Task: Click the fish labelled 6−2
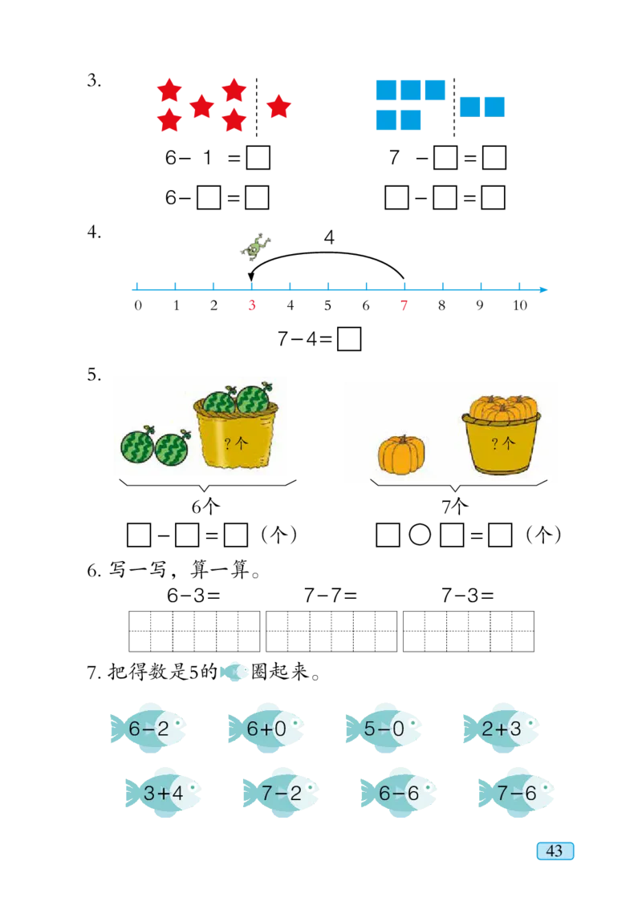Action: tap(151, 728)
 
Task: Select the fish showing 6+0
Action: tap(267, 728)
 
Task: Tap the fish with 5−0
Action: tap(384, 728)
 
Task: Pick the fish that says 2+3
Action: tap(503, 728)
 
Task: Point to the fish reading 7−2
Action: tap(281, 792)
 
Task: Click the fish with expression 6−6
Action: tap(400, 792)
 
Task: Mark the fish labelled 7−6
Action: tap(517, 792)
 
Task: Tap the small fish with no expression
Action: tap(234, 672)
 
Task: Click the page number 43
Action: tap(555, 851)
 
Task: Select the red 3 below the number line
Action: tap(251, 306)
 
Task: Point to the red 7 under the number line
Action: tap(404, 306)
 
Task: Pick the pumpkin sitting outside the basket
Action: tap(401, 455)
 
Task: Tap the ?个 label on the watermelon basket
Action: tap(236, 443)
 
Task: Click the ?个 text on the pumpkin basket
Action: tap(503, 443)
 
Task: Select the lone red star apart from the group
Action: tap(278, 106)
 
